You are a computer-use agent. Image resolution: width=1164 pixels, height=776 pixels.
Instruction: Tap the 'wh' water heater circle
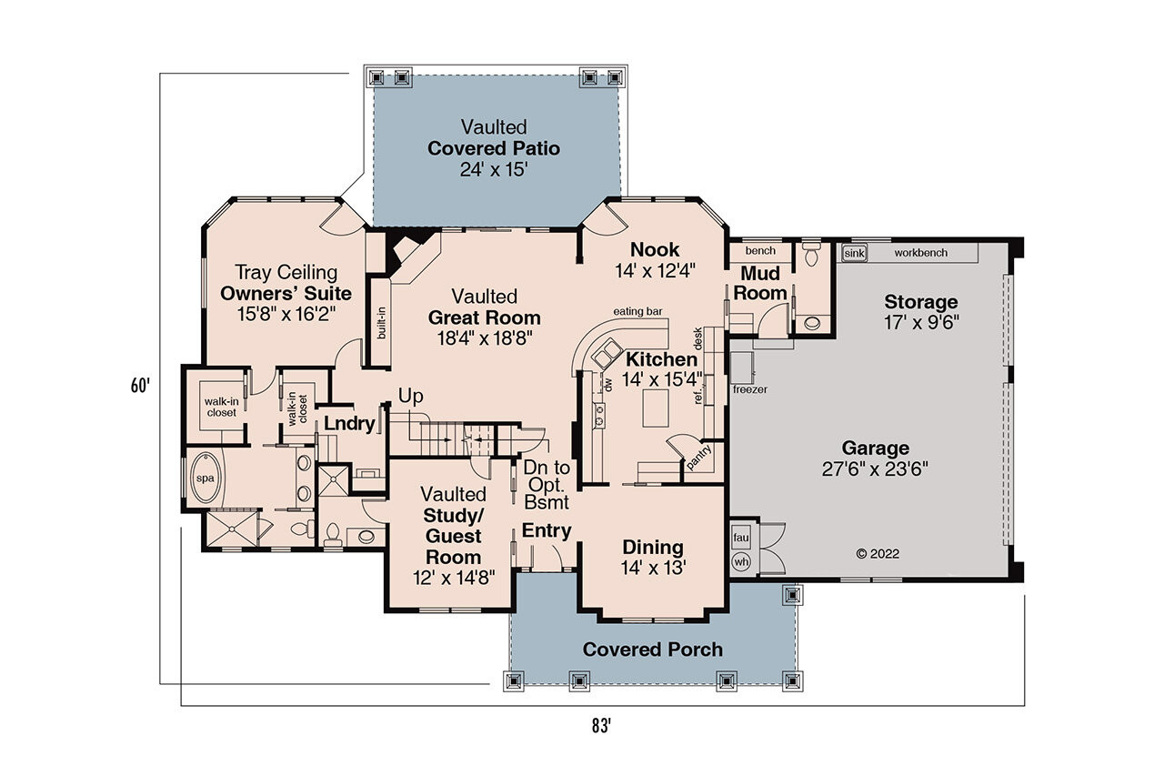(x=740, y=561)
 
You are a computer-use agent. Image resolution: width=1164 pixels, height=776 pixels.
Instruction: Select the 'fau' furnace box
(x=740, y=538)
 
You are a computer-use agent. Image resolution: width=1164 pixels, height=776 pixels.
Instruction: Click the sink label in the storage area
(x=854, y=253)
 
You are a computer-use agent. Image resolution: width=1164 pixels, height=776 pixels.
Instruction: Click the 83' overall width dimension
(x=599, y=725)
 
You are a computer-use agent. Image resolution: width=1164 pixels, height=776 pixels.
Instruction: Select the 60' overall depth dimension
(x=139, y=385)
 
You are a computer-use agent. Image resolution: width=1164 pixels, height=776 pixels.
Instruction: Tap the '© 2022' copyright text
(x=878, y=552)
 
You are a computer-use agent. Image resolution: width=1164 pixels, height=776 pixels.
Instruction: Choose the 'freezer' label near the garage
(x=750, y=389)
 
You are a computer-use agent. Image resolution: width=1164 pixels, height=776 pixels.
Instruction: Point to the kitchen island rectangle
(x=657, y=408)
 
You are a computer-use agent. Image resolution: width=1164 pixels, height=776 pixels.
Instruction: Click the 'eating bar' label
(x=637, y=311)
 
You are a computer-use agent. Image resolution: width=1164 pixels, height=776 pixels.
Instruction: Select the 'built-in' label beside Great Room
(x=381, y=322)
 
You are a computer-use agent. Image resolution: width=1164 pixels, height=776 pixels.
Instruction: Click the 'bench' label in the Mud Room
(x=759, y=250)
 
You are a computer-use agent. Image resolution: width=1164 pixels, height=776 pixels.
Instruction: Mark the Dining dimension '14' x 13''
(x=653, y=566)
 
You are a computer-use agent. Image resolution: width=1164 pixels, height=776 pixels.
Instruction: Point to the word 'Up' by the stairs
(x=410, y=397)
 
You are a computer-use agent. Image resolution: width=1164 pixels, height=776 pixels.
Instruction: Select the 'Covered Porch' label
(x=652, y=650)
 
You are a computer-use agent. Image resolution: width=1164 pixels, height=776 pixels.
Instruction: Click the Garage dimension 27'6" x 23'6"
(x=875, y=469)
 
